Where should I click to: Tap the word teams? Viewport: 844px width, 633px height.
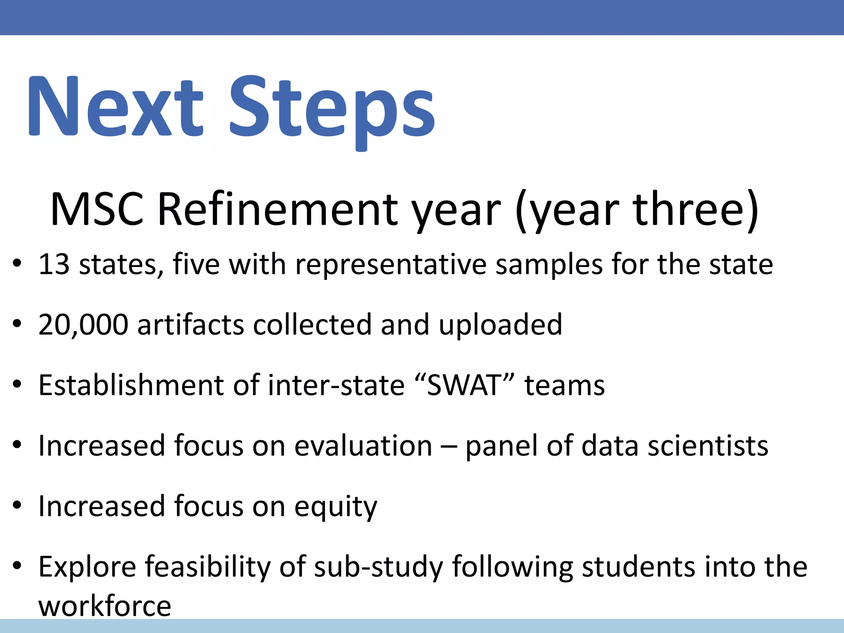564,385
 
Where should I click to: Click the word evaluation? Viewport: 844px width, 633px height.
363,446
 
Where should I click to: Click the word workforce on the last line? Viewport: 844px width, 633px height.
105,606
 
